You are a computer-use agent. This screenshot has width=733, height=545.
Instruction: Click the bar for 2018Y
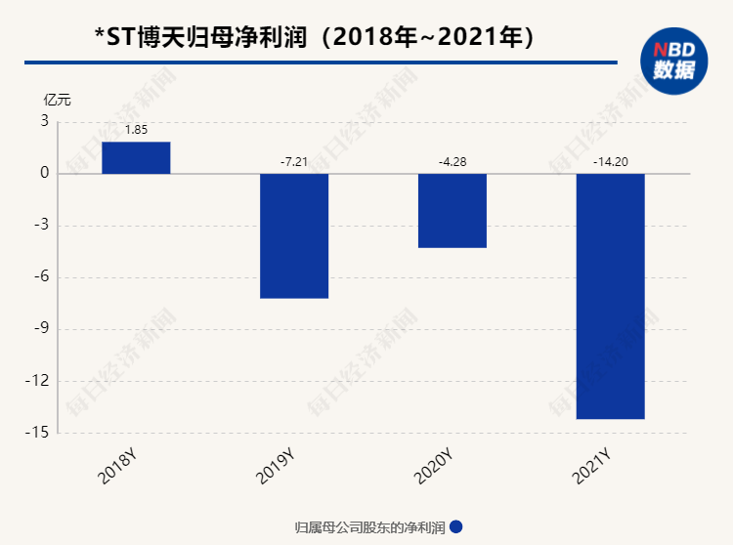[136, 157]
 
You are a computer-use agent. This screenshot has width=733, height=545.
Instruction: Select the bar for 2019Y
[293, 235]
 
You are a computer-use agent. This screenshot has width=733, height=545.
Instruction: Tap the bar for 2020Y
[452, 210]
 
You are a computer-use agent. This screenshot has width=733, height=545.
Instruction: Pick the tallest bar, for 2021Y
[610, 296]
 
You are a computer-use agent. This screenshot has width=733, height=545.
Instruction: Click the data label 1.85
[136, 129]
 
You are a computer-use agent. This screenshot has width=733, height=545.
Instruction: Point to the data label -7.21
[293, 161]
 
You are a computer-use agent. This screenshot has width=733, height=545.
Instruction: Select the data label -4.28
[452, 161]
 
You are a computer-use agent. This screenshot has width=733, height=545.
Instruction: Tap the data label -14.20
[610, 161]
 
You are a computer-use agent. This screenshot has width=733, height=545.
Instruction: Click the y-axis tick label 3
[44, 121]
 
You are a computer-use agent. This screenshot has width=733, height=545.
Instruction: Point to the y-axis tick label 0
[44, 174]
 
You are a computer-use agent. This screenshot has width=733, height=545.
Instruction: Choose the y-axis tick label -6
[42, 277]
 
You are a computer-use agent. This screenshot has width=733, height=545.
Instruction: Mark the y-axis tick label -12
[39, 381]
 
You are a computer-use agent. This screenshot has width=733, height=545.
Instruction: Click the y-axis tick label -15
[39, 433]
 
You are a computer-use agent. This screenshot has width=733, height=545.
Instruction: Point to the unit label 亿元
[57, 100]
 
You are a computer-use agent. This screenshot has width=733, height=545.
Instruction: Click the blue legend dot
[456, 526]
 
